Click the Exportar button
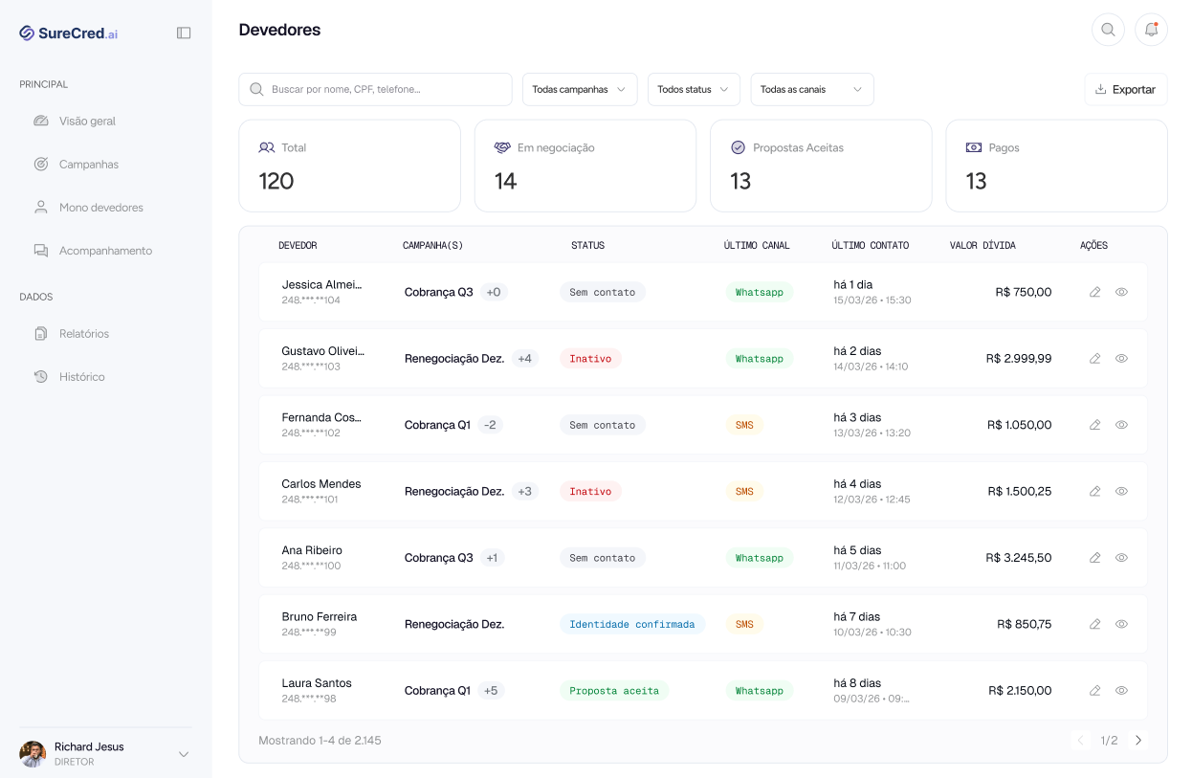(1126, 89)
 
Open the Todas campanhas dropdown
(580, 89)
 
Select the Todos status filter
(694, 89)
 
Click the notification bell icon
(1151, 30)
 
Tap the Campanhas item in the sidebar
(88, 165)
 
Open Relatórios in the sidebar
(83, 334)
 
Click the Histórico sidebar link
(81, 377)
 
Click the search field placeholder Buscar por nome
(346, 89)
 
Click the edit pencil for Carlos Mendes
(1094, 491)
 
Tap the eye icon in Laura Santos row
(1121, 690)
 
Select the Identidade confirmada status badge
(631, 624)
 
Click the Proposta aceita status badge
(614, 691)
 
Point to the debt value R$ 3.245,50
(1019, 558)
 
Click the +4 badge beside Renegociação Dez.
(524, 359)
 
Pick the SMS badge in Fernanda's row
(744, 425)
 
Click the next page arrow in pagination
(1138, 741)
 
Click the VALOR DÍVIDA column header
(982, 245)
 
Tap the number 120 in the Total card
(276, 181)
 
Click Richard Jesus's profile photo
(33, 754)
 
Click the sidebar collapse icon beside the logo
(184, 33)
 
